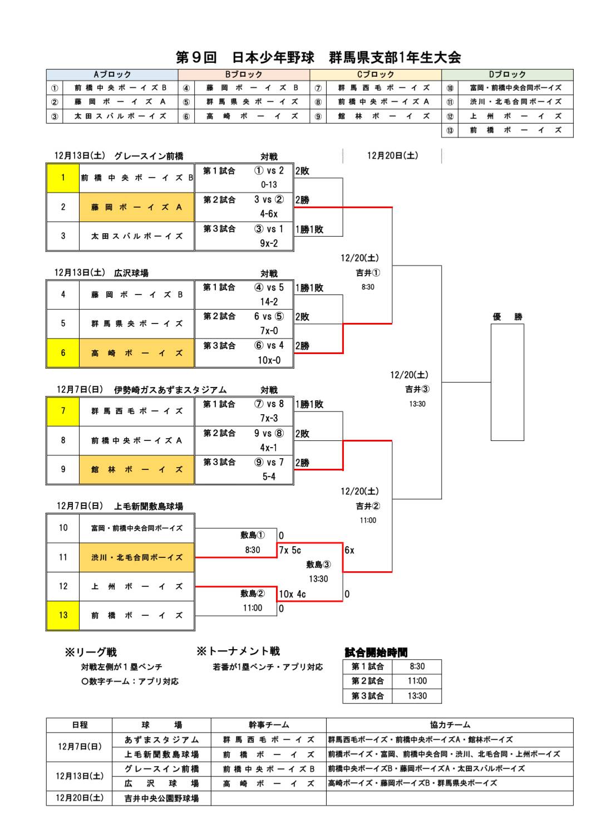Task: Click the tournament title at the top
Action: pyautogui.click(x=318, y=57)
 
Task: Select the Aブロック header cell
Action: pyautogui.click(x=112, y=75)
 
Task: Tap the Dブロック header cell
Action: pyautogui.click(x=507, y=75)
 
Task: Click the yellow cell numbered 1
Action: pyautogui.click(x=63, y=178)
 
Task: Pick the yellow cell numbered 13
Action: pyautogui.click(x=63, y=615)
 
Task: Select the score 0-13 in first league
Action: pyautogui.click(x=269, y=185)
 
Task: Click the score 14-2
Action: pyautogui.click(x=269, y=302)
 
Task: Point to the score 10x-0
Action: pyautogui.click(x=269, y=360)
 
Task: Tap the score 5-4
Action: pyautogui.click(x=269, y=477)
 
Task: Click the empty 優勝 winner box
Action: pyautogui.click(x=507, y=382)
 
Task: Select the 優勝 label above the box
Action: pyautogui.click(x=507, y=317)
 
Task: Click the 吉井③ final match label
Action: pyautogui.click(x=417, y=389)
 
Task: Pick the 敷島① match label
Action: pyautogui.click(x=253, y=535)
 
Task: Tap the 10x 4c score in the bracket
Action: pyautogui.click(x=292, y=594)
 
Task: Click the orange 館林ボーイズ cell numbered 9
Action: pyautogui.click(x=136, y=469)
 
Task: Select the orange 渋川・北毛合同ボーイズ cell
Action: pyautogui.click(x=136, y=557)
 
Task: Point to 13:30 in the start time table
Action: pyautogui.click(x=417, y=696)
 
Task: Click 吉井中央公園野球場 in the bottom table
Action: pyautogui.click(x=161, y=798)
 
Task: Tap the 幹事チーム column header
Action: pyautogui.click(x=269, y=725)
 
